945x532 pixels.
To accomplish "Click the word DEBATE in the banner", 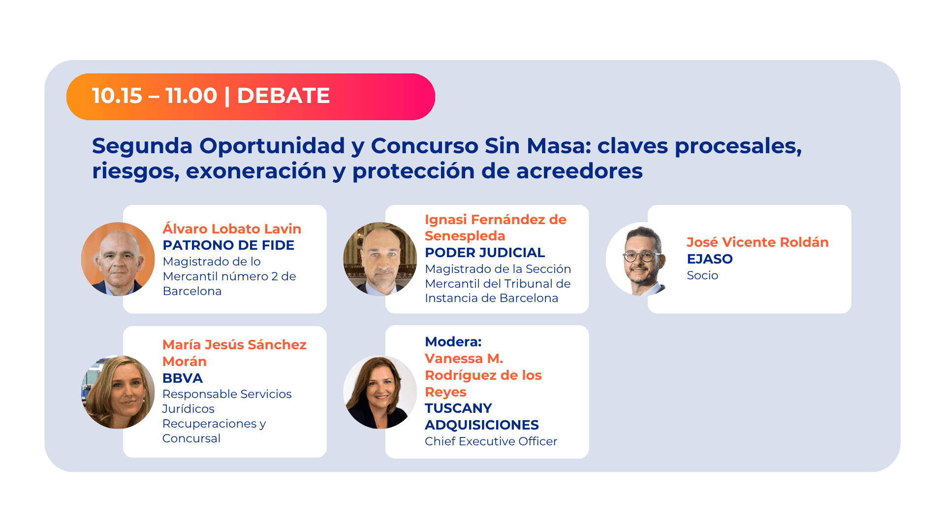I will [283, 96].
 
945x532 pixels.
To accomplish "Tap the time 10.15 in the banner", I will [117, 96].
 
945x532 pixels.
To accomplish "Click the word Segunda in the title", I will [141, 146].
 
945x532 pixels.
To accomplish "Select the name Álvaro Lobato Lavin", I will [232, 229].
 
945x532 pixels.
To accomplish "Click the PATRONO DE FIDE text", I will [228, 245].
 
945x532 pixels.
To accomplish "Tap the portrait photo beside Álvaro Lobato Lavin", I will [118, 259].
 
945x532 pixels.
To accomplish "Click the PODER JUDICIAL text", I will [485, 253].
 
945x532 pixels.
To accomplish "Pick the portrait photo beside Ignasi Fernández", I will [380, 259].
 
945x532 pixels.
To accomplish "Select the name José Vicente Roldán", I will [757, 242].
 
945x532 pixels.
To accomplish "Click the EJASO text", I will [710, 259].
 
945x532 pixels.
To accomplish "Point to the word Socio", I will [702, 275].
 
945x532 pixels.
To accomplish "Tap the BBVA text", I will [183, 378].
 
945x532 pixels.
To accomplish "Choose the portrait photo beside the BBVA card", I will [118, 392].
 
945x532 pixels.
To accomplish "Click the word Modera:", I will [453, 342].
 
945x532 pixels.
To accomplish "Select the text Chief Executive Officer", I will [491, 441].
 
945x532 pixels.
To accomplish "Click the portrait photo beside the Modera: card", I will [380, 392].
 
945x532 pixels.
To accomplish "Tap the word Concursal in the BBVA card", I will [191, 438].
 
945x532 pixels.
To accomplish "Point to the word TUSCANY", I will [458, 408].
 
